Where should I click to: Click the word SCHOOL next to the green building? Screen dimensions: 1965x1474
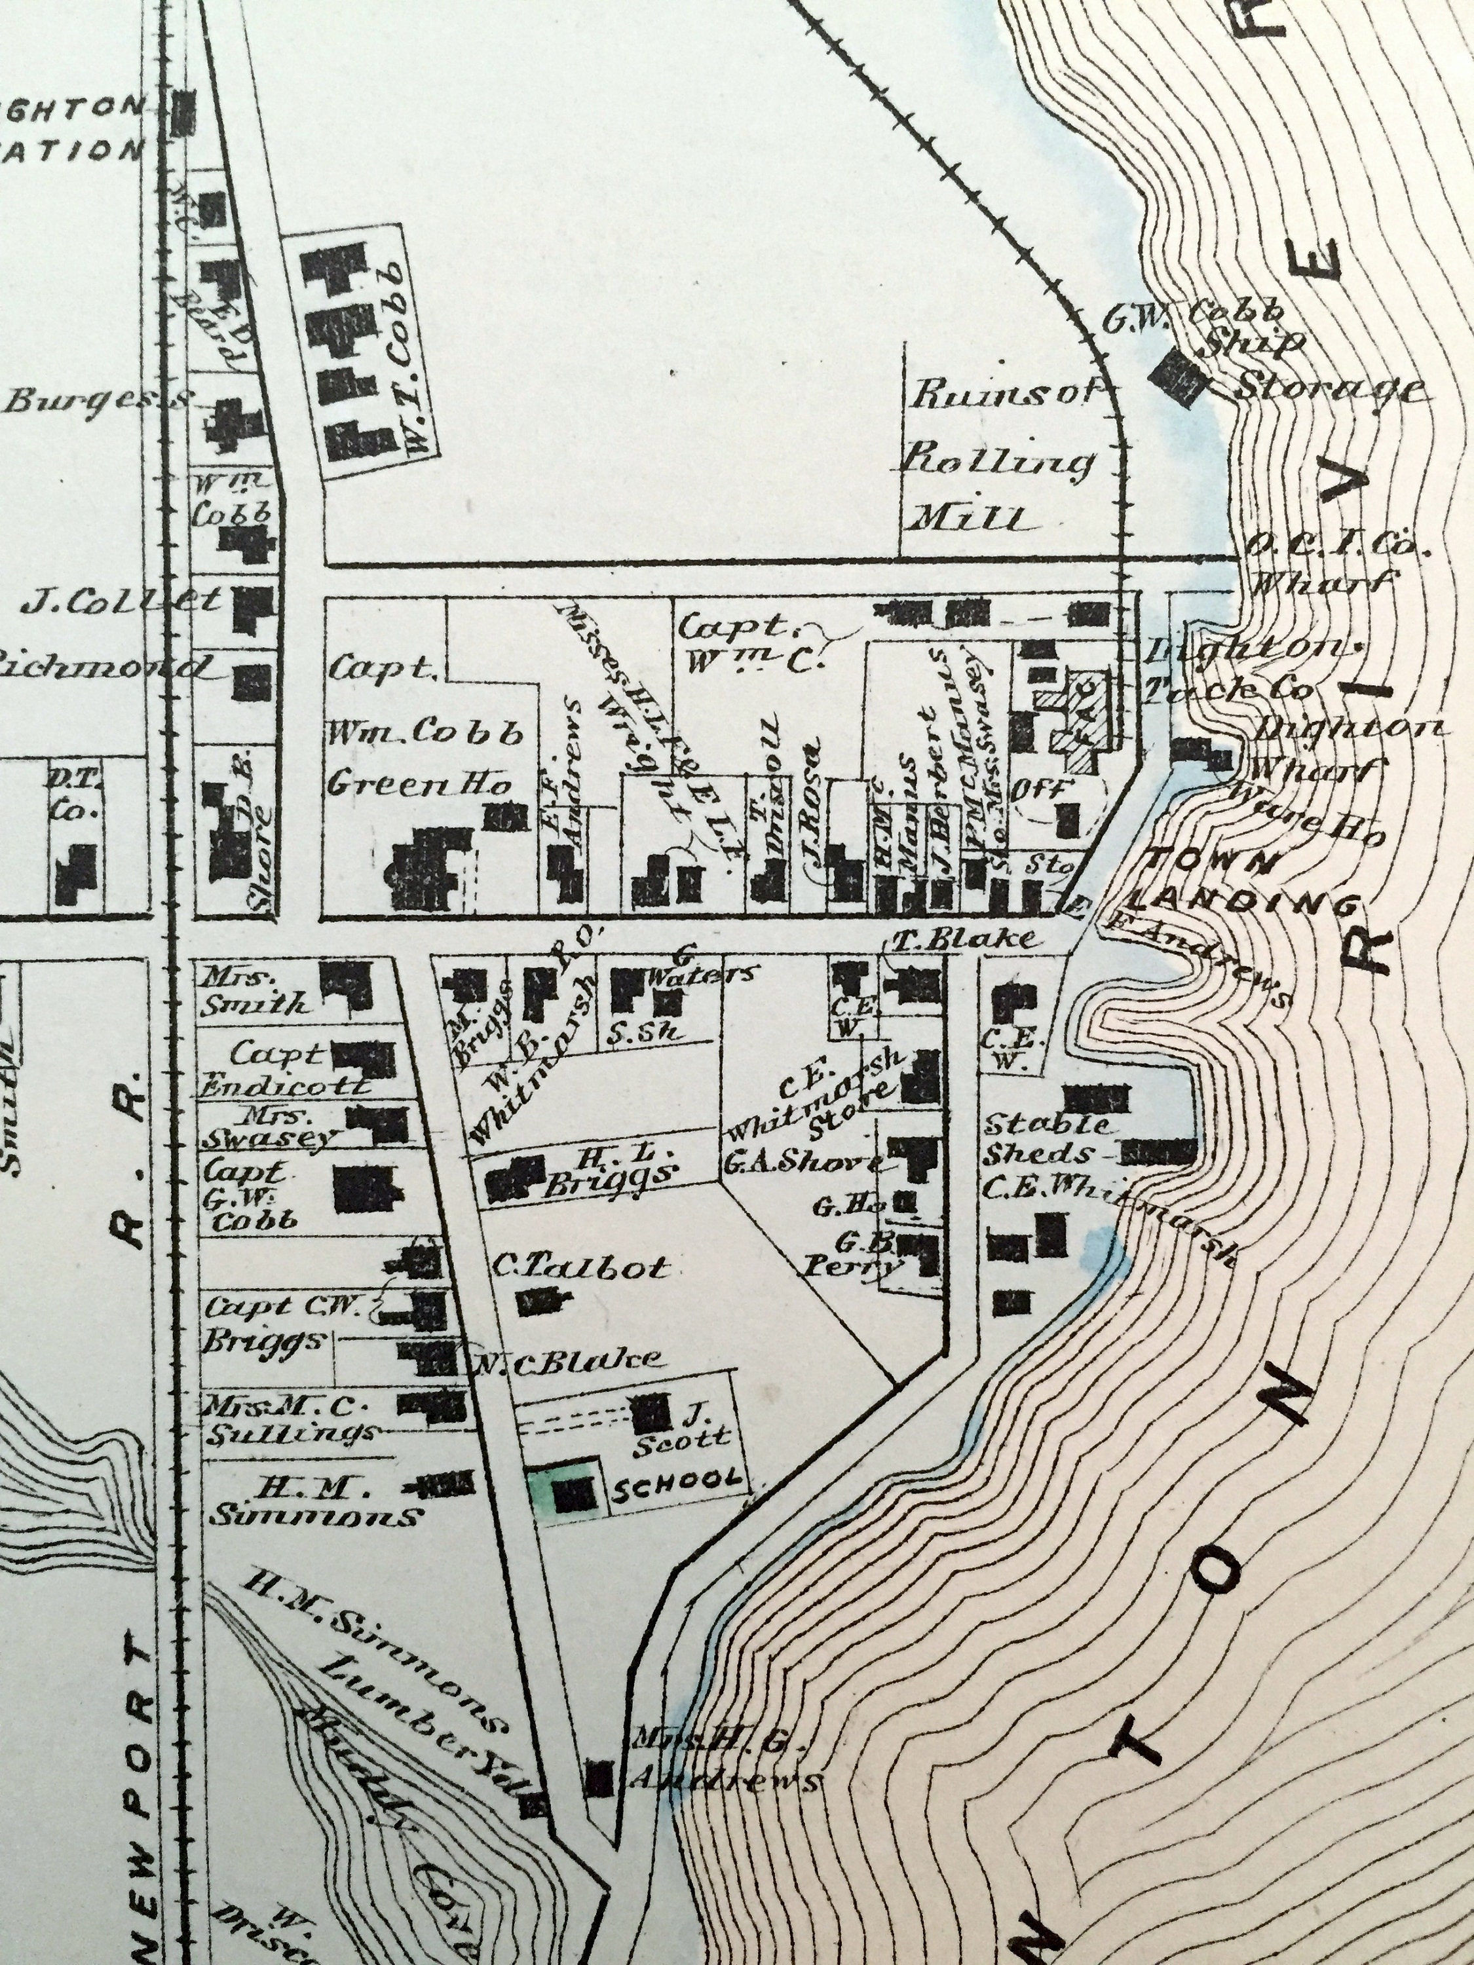click(677, 1479)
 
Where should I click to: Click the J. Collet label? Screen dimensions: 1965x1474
click(121, 601)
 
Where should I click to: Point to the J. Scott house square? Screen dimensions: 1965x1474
click(651, 1412)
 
